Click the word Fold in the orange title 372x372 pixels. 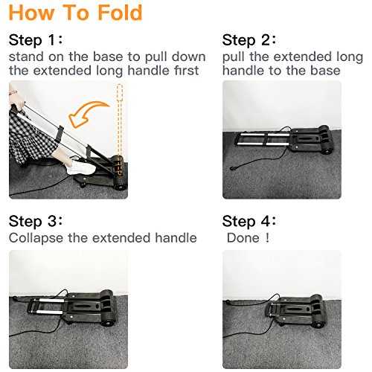120,13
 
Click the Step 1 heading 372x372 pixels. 36,40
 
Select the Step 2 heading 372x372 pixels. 249,40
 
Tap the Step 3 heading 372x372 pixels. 36,221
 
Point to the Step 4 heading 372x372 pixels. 249,221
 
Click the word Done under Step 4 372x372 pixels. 243,238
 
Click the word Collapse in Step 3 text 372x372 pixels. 36,238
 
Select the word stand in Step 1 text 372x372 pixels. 26,57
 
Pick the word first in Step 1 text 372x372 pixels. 187,71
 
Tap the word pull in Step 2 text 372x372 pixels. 233,57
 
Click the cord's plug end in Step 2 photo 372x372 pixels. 232,168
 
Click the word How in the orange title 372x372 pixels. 31,13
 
